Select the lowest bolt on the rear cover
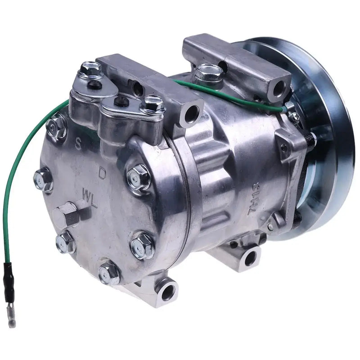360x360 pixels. [x=109, y=271]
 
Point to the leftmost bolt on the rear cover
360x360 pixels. [x=43, y=179]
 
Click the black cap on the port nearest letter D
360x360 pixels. [x=121, y=101]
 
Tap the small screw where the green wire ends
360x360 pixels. [x=295, y=117]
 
